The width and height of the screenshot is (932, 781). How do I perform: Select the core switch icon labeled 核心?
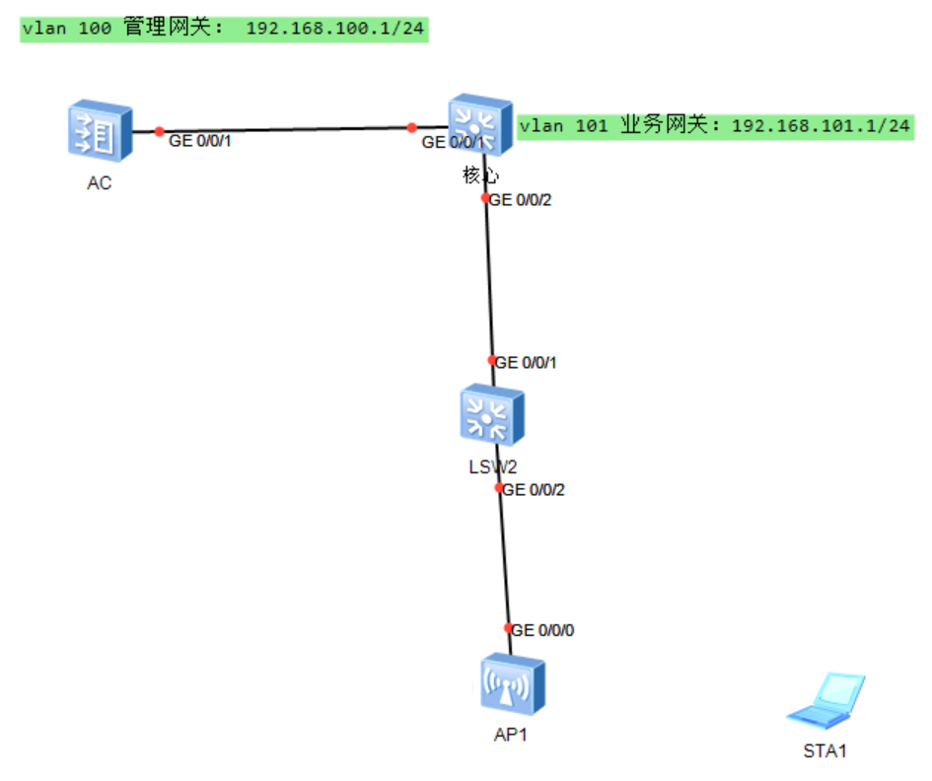point(480,125)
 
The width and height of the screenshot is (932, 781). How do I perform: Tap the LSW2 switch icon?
point(492,415)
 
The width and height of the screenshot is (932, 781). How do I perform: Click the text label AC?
point(100,183)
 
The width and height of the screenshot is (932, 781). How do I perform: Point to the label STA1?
point(825,751)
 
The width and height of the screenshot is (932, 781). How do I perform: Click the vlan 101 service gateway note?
point(715,125)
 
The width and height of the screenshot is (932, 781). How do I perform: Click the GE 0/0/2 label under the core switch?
point(522,200)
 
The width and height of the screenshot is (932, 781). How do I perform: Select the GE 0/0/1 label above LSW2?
point(527,363)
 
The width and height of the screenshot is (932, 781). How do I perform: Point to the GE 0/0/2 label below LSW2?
point(535,489)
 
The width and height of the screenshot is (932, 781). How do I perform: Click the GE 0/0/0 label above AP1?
point(543,630)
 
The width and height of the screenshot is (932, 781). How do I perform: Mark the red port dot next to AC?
point(160,131)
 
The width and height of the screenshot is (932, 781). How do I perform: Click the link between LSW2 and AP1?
point(505,558)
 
